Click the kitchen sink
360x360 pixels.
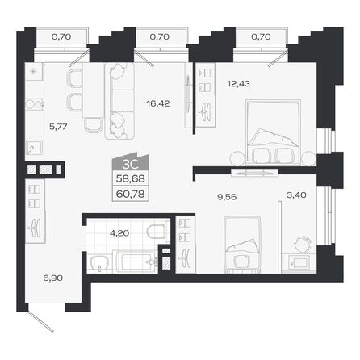[35, 147]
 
